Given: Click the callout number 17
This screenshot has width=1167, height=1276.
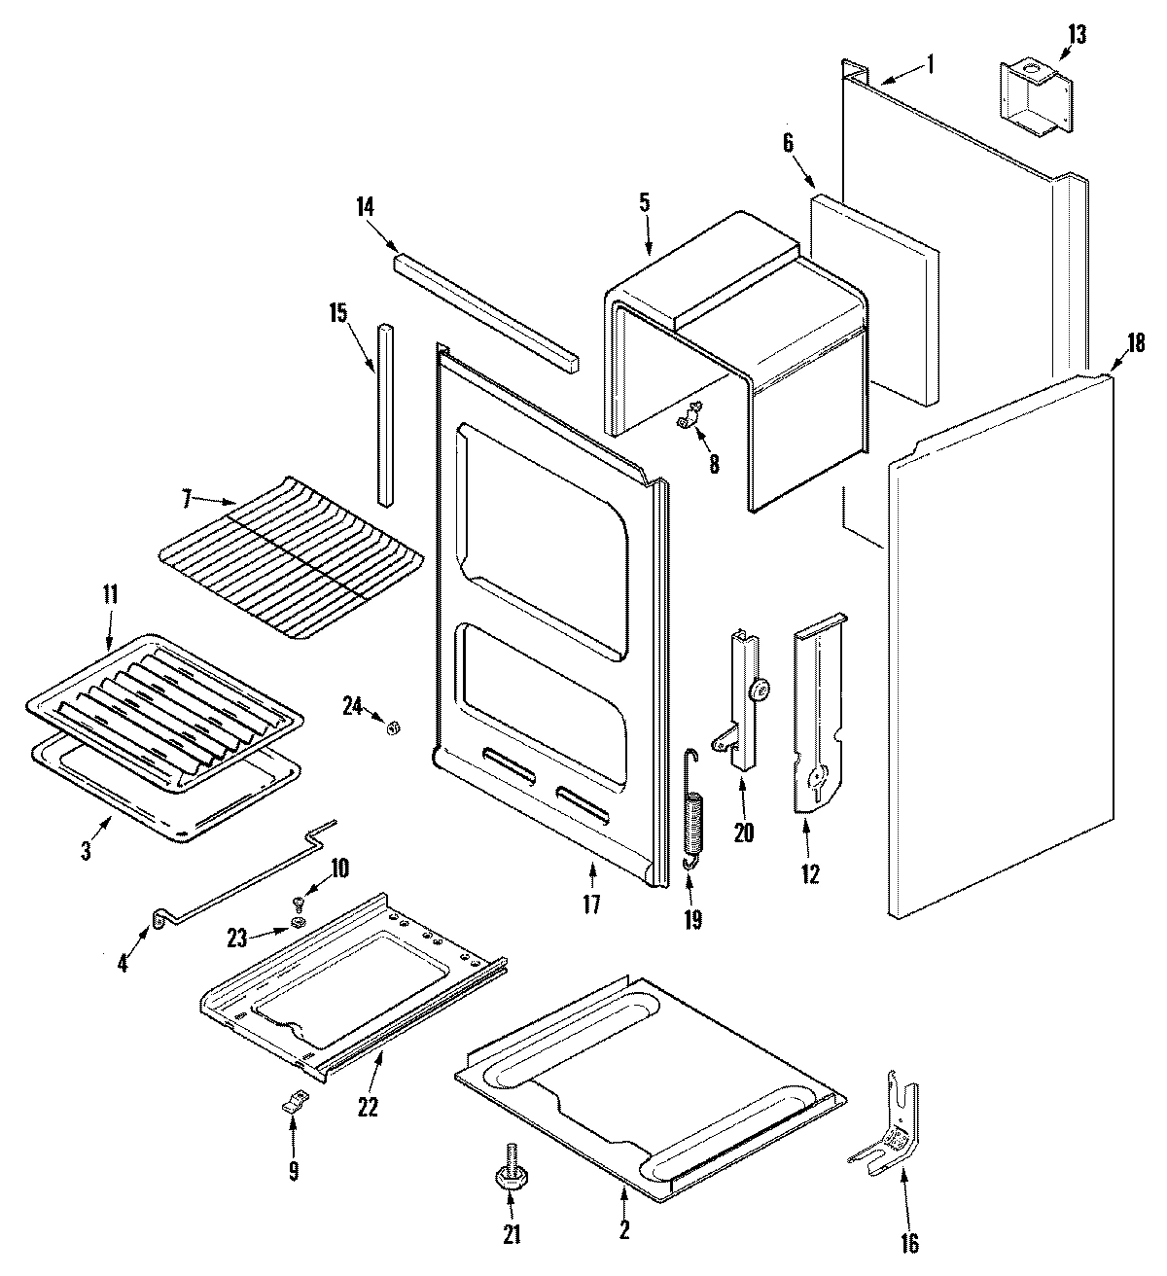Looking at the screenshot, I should [x=591, y=904].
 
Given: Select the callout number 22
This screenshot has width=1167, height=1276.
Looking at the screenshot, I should [x=367, y=1106].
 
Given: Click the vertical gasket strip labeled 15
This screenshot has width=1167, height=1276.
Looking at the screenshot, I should [x=387, y=413].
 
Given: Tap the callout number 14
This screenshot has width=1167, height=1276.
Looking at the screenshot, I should [x=365, y=206].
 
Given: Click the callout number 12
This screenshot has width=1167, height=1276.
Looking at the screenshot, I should [x=809, y=873].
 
